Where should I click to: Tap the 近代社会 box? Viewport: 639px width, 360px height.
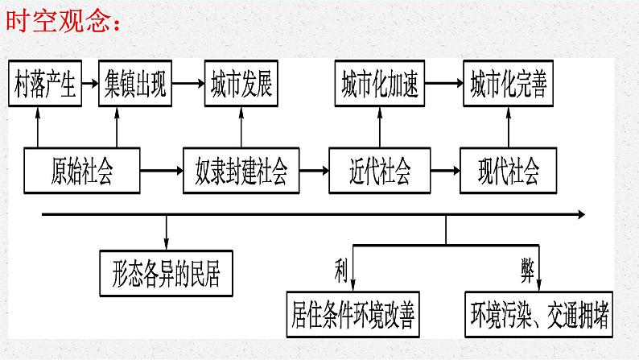[380, 170]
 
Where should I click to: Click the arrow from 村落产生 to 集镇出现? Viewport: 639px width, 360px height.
[91, 81]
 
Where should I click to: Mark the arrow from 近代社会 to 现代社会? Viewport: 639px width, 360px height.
[445, 170]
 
